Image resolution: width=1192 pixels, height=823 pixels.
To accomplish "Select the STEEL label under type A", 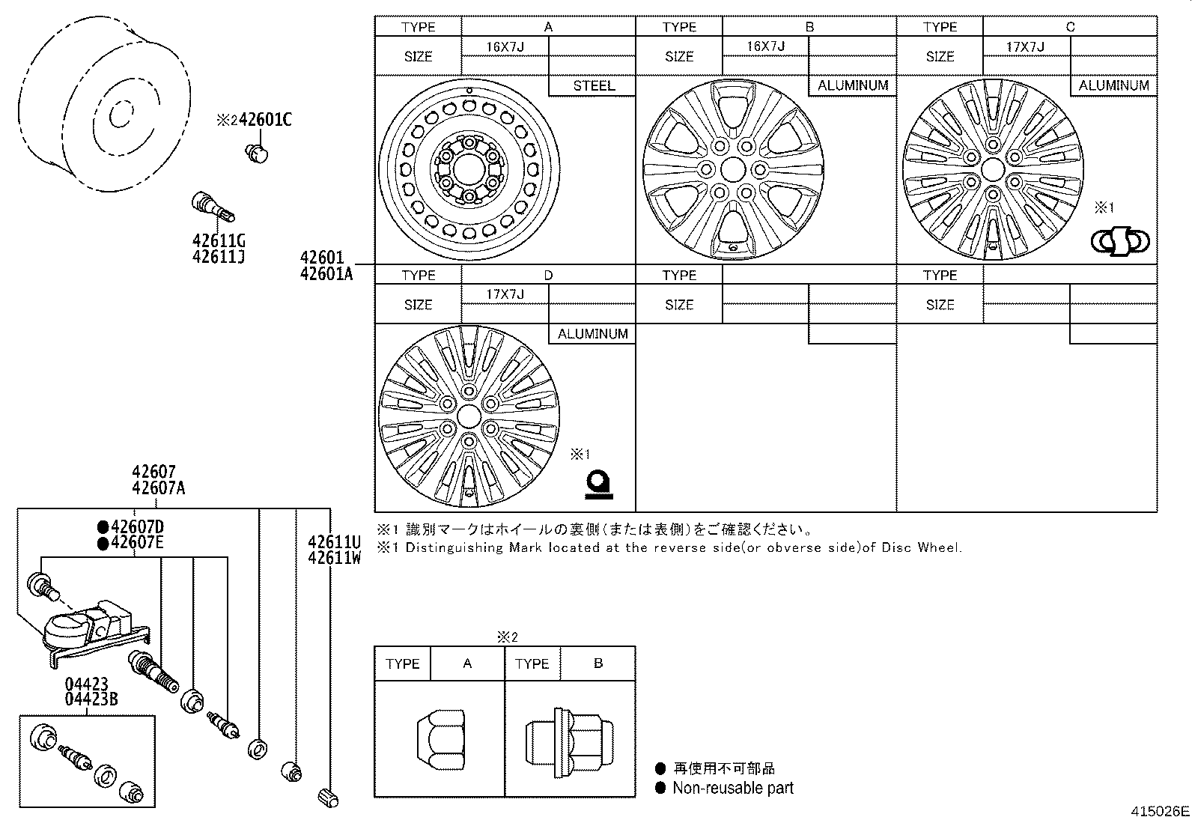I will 593,85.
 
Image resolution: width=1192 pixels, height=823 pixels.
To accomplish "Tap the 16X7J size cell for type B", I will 765,46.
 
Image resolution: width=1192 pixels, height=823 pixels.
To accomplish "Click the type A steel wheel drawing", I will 469,169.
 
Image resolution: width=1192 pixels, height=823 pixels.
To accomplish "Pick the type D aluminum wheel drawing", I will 469,416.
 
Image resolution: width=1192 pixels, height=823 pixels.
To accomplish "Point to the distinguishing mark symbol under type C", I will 1119,241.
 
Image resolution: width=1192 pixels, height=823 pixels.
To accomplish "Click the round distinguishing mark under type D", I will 599,483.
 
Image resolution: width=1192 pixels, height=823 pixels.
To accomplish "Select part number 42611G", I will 219,241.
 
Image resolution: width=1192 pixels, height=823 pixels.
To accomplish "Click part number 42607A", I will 158,488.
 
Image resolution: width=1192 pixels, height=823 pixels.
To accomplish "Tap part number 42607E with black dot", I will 136,543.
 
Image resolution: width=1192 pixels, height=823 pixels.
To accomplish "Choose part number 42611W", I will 334,558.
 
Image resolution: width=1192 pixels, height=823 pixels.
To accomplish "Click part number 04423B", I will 91,699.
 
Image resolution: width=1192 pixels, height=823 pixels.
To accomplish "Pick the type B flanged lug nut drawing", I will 569,741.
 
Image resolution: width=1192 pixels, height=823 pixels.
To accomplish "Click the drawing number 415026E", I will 1160,811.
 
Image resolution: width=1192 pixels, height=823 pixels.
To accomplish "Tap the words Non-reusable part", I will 732,788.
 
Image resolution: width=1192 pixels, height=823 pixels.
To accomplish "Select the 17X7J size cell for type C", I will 1026,46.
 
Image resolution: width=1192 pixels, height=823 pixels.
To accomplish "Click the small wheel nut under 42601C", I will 256,153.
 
